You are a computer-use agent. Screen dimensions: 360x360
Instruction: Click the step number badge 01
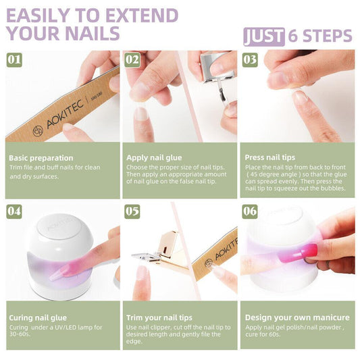14,59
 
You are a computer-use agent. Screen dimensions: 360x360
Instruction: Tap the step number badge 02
132,59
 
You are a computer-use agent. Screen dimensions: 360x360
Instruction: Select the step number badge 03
250,59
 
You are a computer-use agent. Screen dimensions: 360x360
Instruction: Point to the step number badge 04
14,211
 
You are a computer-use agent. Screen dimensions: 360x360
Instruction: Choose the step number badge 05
132,211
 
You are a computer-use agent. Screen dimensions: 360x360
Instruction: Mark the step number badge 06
250,211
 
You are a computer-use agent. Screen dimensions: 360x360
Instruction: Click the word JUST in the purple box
264,36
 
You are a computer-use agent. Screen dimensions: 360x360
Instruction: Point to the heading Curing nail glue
38,317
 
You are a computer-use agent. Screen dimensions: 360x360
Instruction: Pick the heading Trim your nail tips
159,317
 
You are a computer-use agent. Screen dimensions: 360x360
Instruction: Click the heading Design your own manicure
297,317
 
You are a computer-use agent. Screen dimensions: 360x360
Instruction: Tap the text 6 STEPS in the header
319,36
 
